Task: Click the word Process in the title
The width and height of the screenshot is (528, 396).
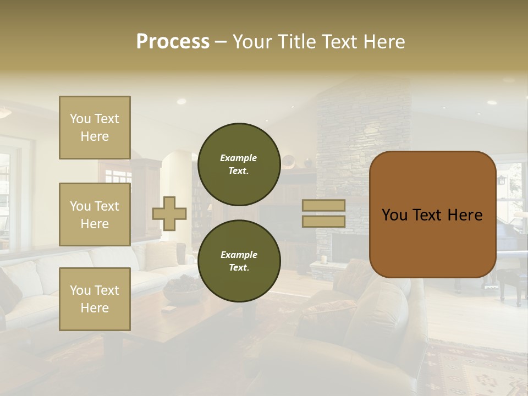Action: (x=173, y=42)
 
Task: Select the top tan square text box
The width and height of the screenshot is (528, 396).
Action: (x=95, y=128)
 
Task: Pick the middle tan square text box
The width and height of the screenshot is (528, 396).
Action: (x=95, y=215)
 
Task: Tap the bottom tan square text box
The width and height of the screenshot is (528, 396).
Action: (x=95, y=299)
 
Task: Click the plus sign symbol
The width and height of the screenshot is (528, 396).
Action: (x=169, y=214)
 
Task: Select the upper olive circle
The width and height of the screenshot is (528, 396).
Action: (x=239, y=164)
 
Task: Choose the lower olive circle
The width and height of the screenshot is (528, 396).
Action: (x=239, y=261)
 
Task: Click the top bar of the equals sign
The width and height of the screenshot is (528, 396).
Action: (x=323, y=205)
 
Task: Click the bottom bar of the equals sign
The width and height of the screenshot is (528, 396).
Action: (x=323, y=221)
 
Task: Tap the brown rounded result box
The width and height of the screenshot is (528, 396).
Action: (x=432, y=215)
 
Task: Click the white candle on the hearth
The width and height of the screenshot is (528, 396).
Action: (x=324, y=259)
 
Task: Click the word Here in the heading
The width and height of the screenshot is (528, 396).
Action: (x=383, y=42)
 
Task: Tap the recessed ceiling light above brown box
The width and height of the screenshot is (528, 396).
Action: (x=492, y=102)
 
